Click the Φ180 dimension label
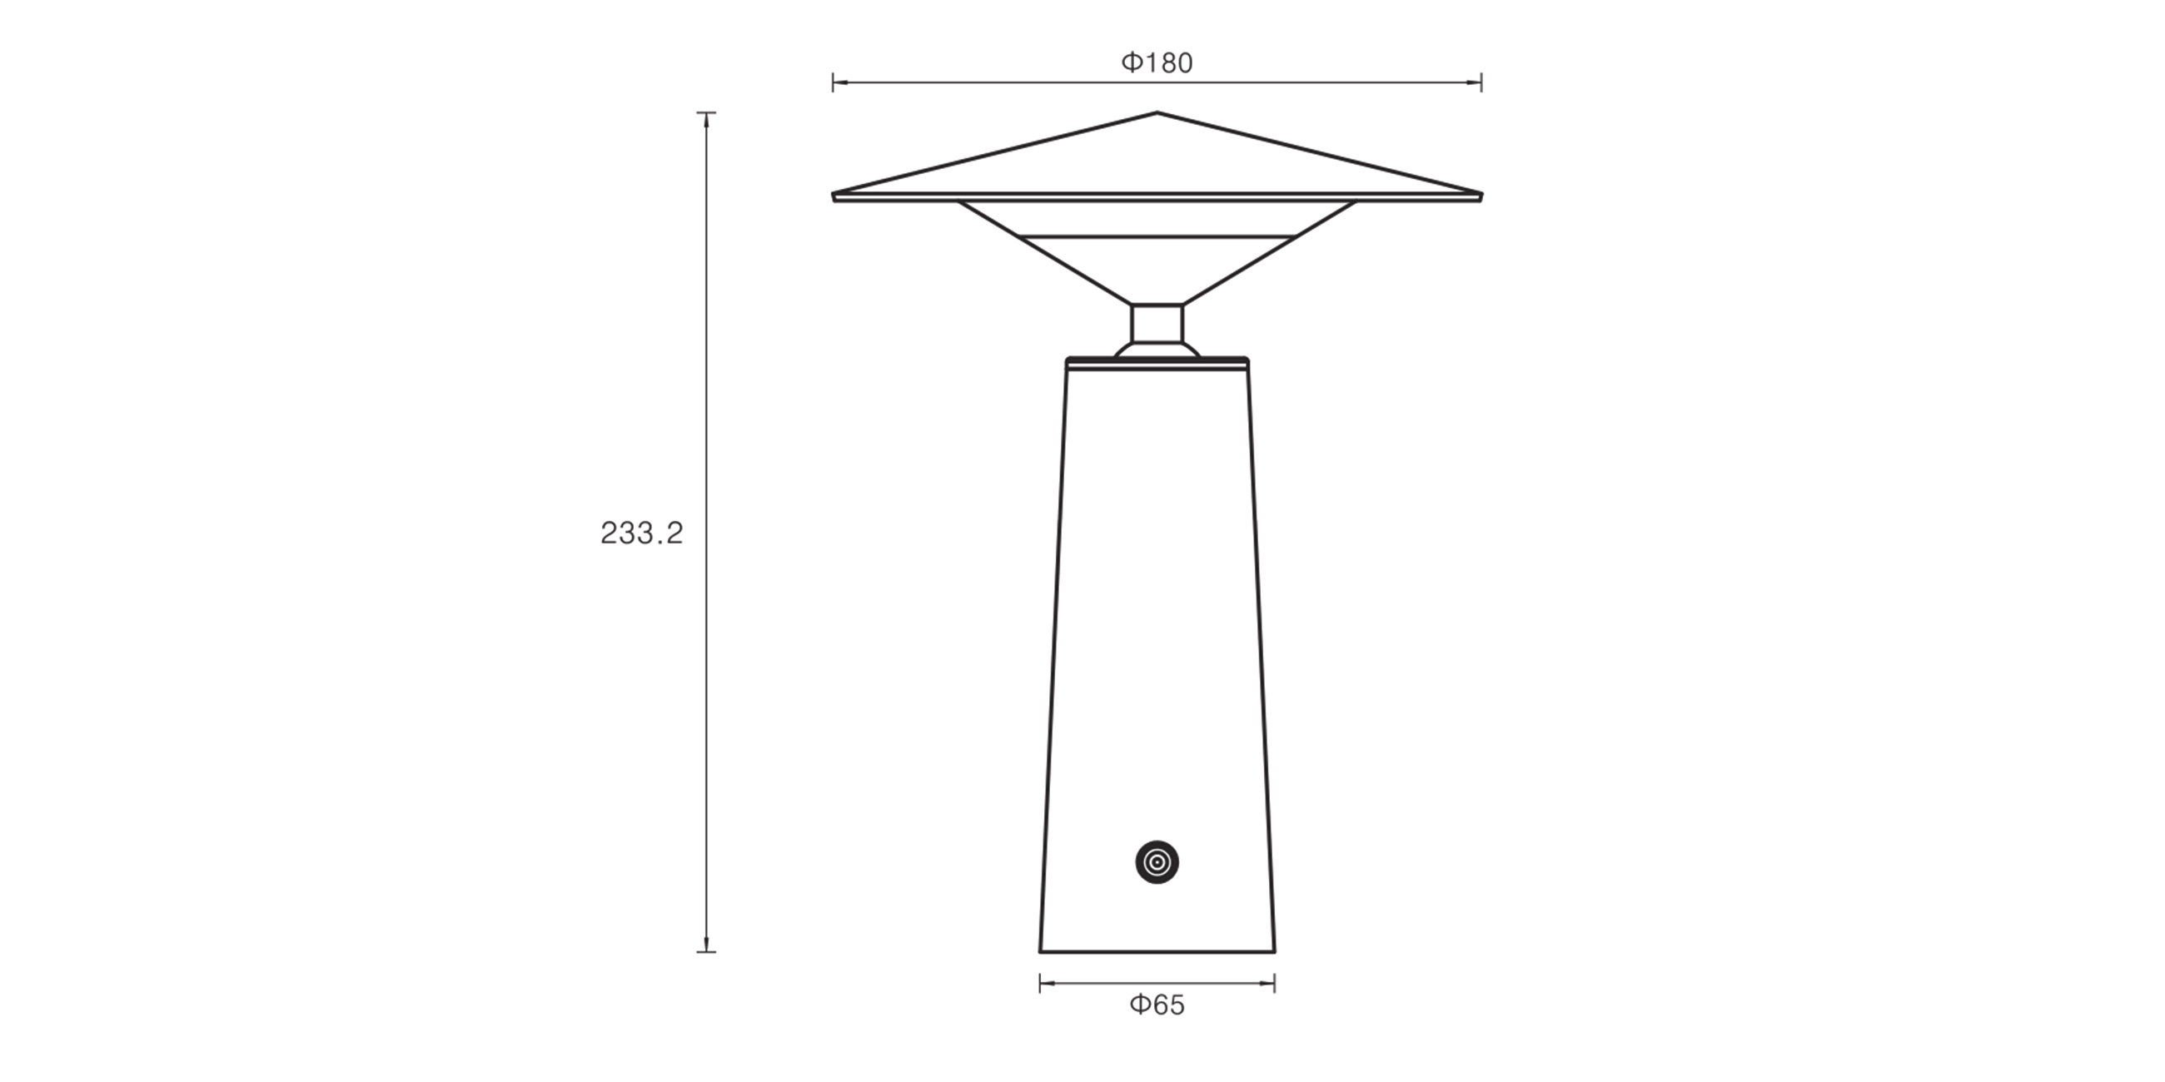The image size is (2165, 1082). [1157, 63]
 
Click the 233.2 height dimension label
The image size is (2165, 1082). [642, 534]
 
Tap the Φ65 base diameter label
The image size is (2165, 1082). [1157, 1005]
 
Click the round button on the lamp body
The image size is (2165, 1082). [1157, 862]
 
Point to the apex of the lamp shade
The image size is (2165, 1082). [1157, 112]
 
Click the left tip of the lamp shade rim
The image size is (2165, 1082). [833, 196]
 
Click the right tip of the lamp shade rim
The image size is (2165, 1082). [1481, 196]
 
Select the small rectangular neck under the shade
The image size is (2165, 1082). [1157, 323]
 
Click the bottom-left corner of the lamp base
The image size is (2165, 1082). [1041, 952]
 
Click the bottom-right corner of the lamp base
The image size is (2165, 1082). [1275, 952]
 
